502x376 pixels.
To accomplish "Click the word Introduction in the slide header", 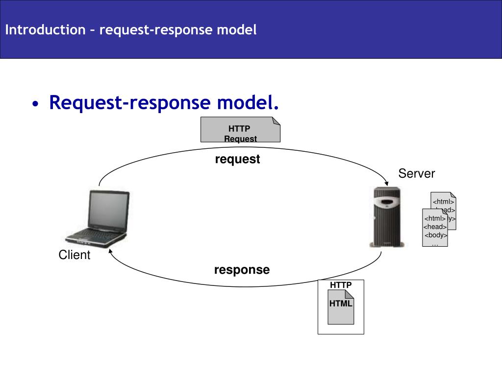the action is click(x=46, y=30).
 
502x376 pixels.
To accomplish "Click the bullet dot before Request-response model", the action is click(x=35, y=104).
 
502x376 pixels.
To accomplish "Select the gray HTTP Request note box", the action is click(x=240, y=129).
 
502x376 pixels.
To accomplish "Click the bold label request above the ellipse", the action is click(x=237, y=159).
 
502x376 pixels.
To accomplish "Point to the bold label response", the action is click(x=242, y=270).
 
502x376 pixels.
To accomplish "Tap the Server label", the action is click(x=417, y=173).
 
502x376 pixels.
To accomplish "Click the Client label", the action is click(x=75, y=255).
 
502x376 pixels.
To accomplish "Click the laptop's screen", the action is click(x=108, y=210).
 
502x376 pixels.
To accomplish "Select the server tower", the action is click(x=387, y=217).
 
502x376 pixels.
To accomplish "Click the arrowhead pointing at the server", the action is click(x=386, y=183).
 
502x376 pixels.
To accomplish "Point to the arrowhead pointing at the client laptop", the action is click(x=110, y=251).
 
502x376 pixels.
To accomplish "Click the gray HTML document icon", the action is click(x=341, y=307).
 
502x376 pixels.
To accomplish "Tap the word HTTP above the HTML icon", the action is click(x=341, y=285).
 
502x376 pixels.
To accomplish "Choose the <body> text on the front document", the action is click(x=435, y=235).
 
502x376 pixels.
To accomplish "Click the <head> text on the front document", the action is click(x=435, y=227).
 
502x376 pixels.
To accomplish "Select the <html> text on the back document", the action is click(x=443, y=202).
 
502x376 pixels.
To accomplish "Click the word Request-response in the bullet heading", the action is click(x=129, y=103).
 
